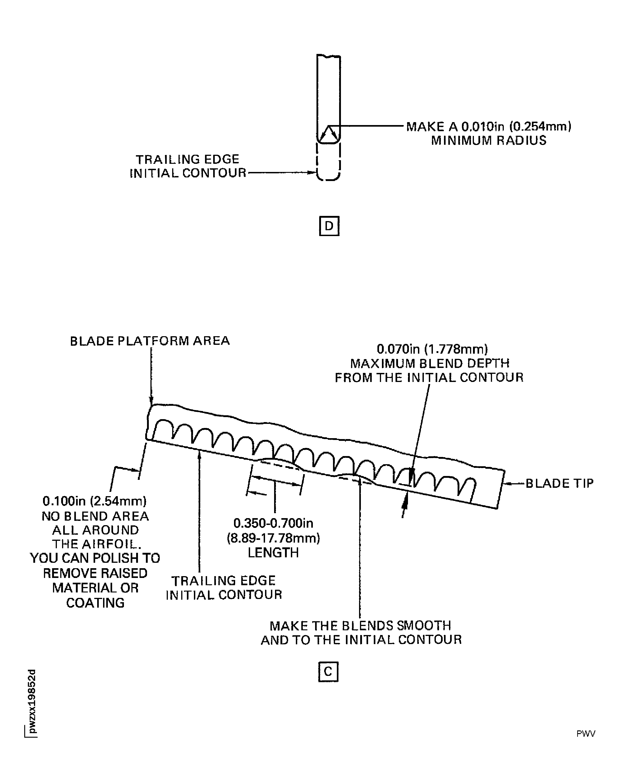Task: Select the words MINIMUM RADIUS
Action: tap(489, 140)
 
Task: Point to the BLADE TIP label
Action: tap(559, 483)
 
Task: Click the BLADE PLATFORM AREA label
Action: tap(150, 341)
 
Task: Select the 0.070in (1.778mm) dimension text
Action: tap(432, 349)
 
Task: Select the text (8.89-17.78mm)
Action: tap(273, 538)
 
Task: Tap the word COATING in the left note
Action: tap(95, 603)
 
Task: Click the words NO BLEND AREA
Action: tap(95, 516)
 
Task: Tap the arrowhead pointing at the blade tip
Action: tap(508, 483)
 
